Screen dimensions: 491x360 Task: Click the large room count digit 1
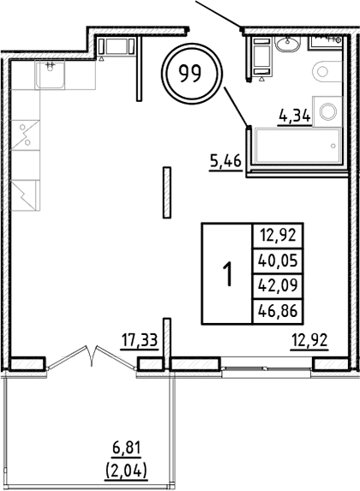227,274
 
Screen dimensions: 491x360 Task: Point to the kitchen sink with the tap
50,73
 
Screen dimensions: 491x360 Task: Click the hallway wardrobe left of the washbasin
259,57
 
